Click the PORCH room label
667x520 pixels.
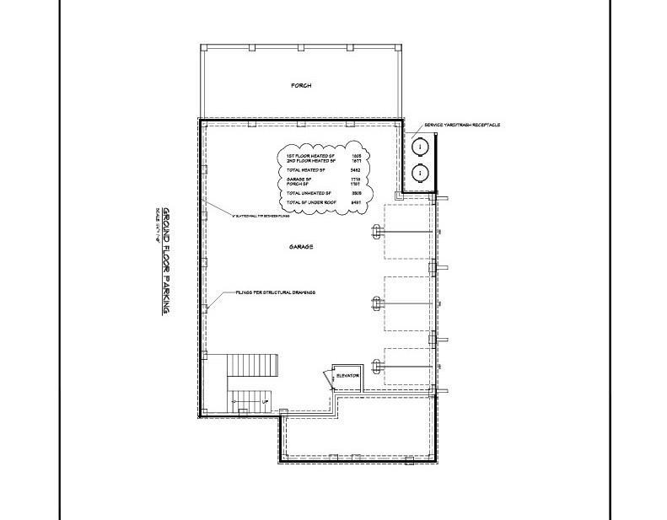(x=301, y=86)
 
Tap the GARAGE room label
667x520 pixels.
(x=301, y=247)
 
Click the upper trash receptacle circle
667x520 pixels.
(x=419, y=147)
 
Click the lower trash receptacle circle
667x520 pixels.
(x=419, y=174)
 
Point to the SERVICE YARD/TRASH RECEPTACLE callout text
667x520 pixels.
(x=462, y=125)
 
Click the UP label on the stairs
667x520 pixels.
(x=266, y=402)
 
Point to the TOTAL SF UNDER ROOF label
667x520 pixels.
(x=309, y=203)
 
